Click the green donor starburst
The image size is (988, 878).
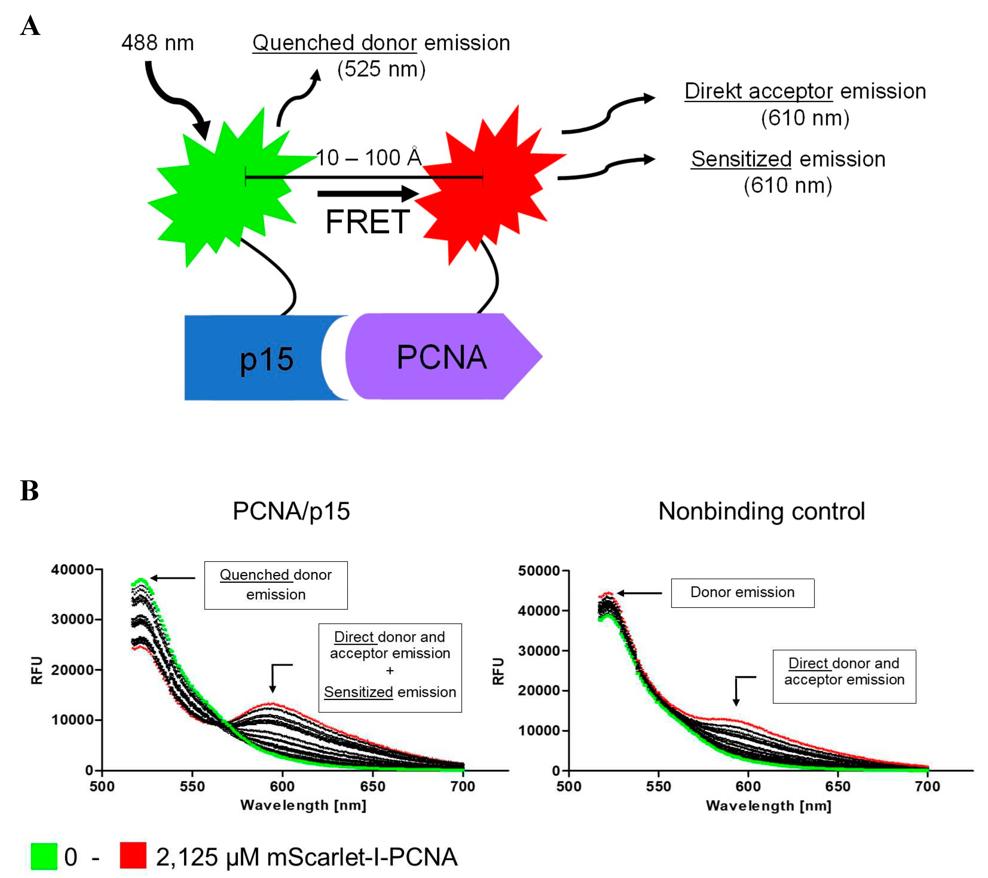coord(222,188)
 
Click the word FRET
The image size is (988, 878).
coord(367,222)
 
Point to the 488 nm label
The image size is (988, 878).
coord(157,43)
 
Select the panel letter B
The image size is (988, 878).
coord(29,491)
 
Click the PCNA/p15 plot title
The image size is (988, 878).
coord(291,511)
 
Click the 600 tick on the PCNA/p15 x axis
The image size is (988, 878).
coord(282,786)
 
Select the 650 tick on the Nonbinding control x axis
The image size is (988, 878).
coord(838,786)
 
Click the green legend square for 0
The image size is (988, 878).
coord(44,856)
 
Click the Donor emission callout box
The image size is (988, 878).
coord(742,593)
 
